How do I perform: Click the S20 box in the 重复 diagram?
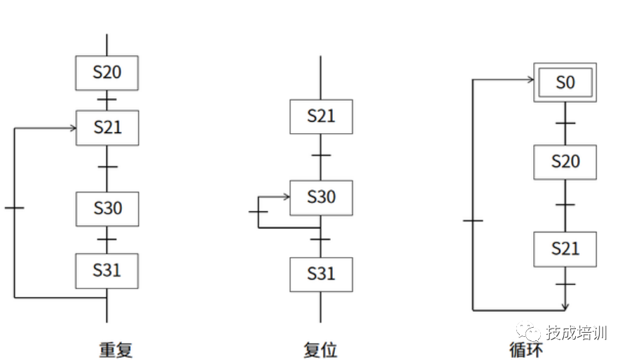point(107,73)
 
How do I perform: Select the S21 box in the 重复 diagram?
point(107,127)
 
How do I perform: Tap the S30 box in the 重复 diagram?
point(107,209)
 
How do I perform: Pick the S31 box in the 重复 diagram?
point(107,270)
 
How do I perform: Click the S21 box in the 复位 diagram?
point(322,116)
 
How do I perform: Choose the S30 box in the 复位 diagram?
point(322,198)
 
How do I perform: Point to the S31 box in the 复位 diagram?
point(322,275)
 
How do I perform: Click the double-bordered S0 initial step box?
point(565,83)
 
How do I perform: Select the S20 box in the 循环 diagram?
point(565,162)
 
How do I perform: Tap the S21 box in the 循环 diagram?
point(565,249)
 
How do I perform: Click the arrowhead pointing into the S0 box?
point(530,80)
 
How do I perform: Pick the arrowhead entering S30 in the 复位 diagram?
point(287,198)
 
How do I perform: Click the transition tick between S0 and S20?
point(565,123)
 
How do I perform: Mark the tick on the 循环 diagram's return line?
point(473,221)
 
